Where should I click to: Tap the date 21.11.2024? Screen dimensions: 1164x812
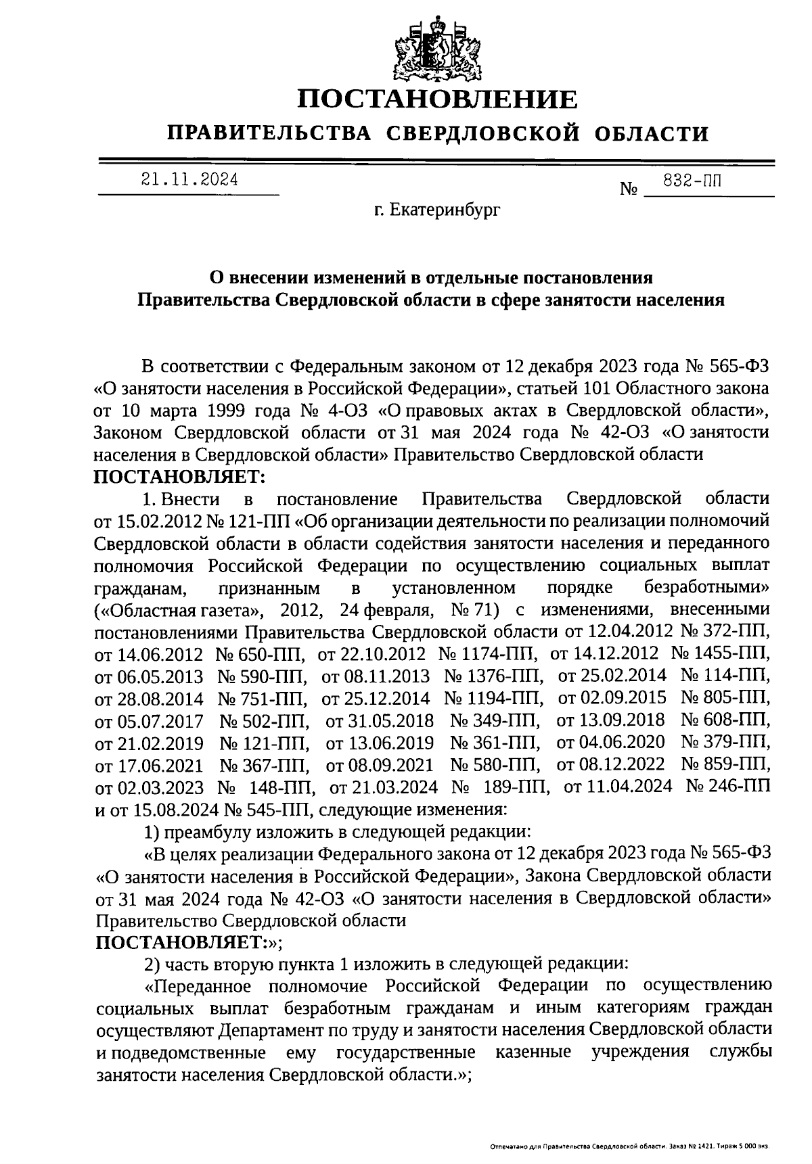189,179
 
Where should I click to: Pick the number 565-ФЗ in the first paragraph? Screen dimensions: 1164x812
739,367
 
